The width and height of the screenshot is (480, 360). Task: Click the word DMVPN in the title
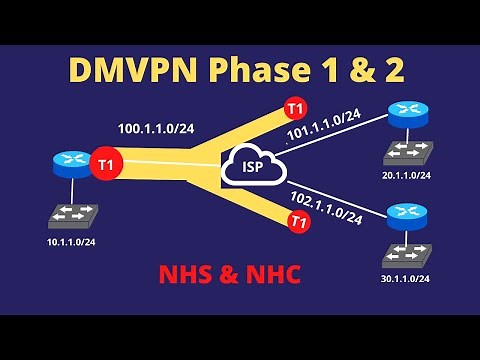[x=131, y=69]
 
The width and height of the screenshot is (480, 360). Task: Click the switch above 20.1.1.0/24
[x=404, y=153]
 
